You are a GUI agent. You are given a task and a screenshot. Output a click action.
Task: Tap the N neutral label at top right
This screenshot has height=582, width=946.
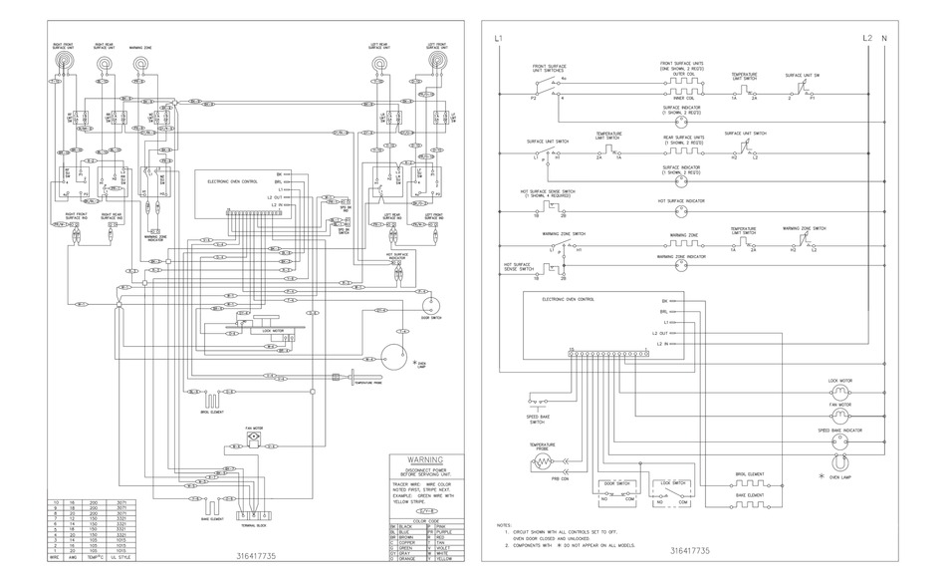[884, 38]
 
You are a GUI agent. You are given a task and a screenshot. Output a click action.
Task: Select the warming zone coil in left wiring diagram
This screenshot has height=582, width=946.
[140, 65]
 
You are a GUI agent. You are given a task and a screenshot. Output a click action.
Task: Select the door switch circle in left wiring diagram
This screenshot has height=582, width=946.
[430, 304]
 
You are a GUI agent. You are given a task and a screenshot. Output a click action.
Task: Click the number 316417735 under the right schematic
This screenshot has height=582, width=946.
[689, 550]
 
